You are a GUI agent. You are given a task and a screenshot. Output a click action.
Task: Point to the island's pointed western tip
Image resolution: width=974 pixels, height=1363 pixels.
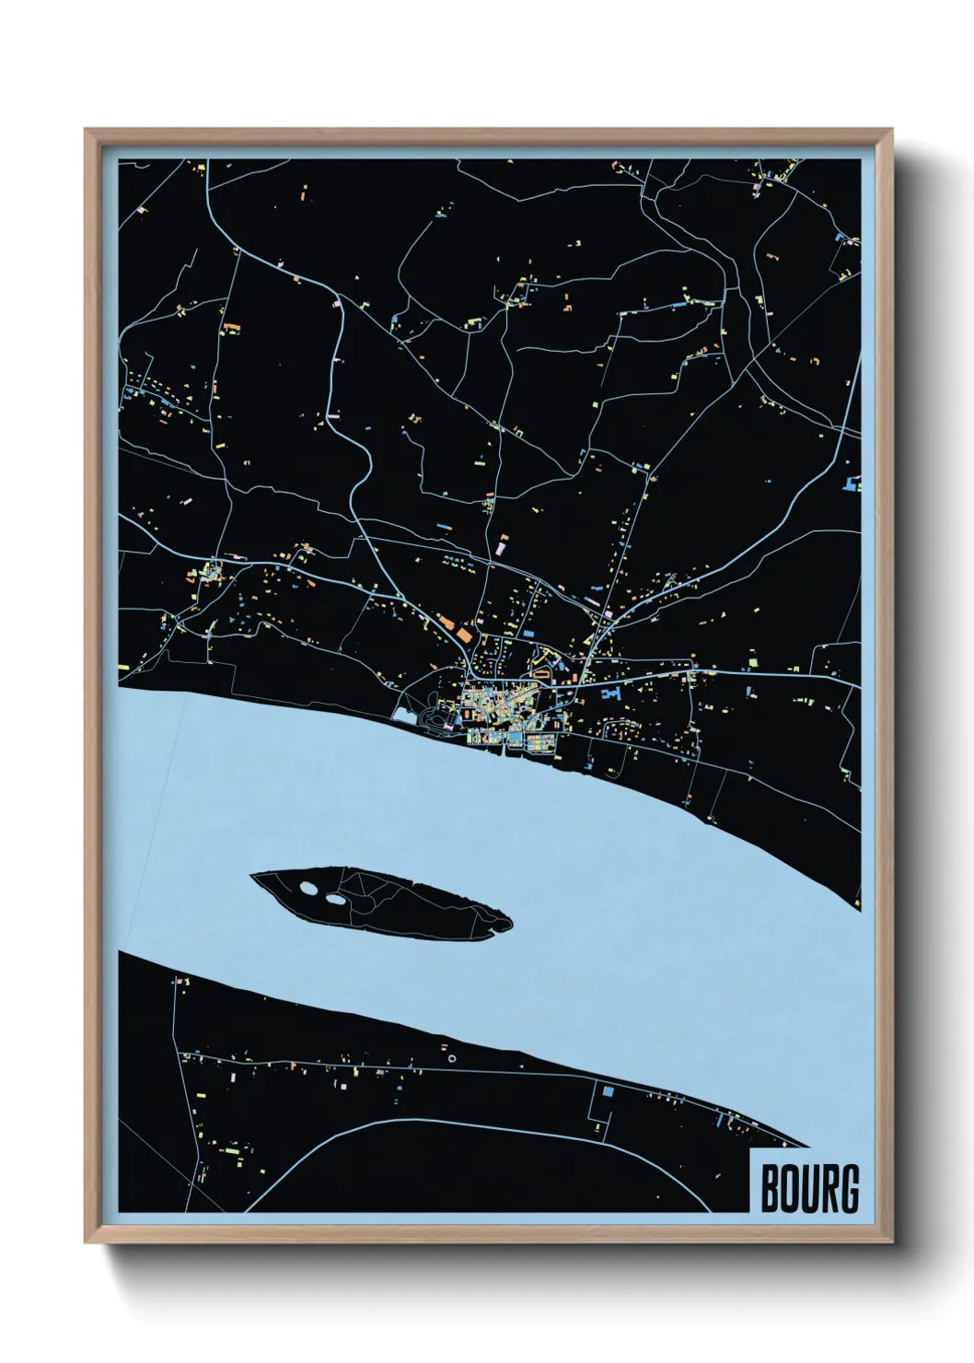[x=253, y=878]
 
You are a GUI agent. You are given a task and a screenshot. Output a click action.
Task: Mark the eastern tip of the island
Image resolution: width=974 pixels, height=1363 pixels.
[x=510, y=923]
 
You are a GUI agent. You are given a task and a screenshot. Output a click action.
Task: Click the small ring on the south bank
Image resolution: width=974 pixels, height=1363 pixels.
[x=451, y=1059]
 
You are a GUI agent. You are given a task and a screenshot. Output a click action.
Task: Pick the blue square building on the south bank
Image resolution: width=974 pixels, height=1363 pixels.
[x=608, y=1091]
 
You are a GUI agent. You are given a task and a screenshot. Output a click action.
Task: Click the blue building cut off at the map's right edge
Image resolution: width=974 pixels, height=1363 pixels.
[x=853, y=481]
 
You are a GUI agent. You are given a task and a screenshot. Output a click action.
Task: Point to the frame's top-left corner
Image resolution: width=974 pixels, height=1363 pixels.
[x=86, y=129]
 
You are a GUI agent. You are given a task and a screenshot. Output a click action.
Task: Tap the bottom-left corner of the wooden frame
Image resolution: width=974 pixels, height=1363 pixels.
[x=86, y=1242]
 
